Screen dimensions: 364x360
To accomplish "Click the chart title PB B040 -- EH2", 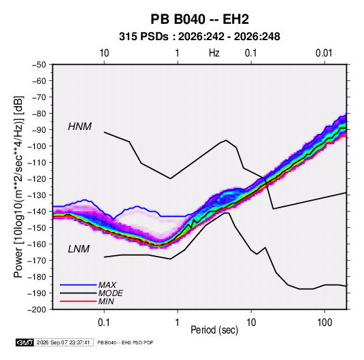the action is pos(199,19).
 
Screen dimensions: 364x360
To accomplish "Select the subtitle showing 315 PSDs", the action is pos(199,37).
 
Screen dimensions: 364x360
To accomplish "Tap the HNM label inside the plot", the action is pos(80,127).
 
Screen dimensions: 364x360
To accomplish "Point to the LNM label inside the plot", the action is pos(79,249).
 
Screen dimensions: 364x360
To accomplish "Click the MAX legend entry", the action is pos(107,284).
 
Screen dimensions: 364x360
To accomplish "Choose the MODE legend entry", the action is pos(110,293).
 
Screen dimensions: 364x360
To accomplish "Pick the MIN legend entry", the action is pos(106,301).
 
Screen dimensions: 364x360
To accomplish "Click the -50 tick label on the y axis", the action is pos(39,65).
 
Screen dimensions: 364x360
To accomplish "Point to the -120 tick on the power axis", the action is pos(37,178).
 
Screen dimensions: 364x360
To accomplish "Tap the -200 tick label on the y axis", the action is pos(37,310).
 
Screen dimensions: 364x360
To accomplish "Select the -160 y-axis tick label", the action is pos(37,244).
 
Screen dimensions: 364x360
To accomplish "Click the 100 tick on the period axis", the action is pos(325,323).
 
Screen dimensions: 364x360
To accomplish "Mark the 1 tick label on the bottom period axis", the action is pos(178,323).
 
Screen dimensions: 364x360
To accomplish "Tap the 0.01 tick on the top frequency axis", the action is pos(324,53).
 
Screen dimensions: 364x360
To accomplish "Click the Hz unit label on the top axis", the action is pos(214,53).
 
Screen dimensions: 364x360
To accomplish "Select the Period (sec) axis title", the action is pos(214,330).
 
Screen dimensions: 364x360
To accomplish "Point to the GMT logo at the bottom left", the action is pos(24,342).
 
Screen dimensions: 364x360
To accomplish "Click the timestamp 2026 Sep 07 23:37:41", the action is pos(63,342).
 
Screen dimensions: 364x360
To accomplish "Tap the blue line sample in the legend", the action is pos(78,284).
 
